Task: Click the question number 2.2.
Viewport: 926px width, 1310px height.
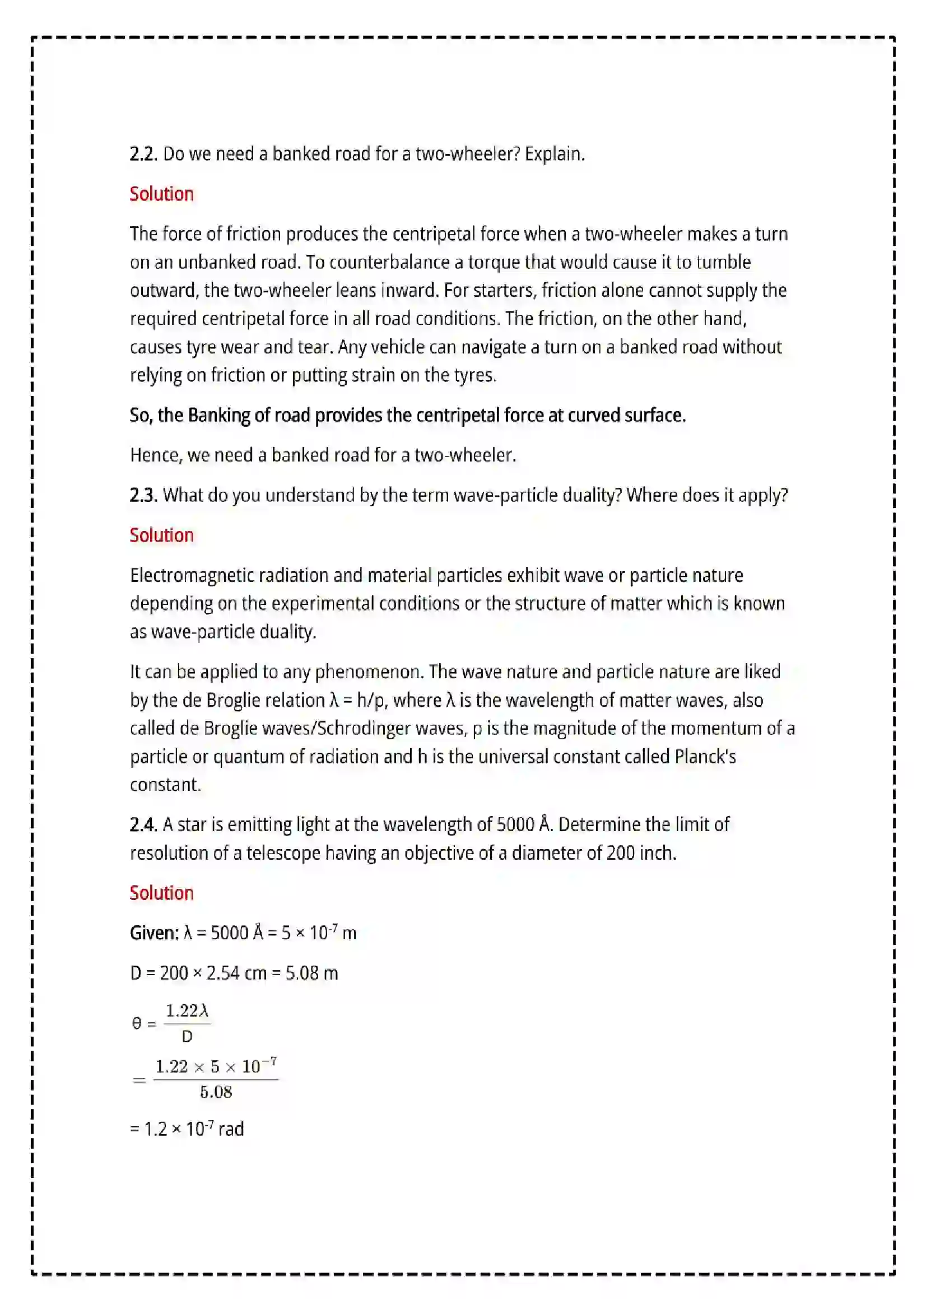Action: coord(143,154)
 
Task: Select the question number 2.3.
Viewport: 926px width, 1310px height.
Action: coord(143,495)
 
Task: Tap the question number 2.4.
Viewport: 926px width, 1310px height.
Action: coord(143,824)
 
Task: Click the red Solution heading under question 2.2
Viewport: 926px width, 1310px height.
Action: coord(161,194)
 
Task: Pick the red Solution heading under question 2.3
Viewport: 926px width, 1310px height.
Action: coord(161,535)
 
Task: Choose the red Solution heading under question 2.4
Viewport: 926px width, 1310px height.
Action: coord(161,893)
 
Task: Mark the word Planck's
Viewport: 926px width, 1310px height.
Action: coord(705,757)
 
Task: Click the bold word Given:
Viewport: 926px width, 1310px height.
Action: coord(155,933)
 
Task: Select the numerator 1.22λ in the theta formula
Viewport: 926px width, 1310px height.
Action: coord(187,1011)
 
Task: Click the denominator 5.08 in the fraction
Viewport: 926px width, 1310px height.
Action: coord(216,1092)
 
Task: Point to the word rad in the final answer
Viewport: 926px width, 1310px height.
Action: coord(231,1129)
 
